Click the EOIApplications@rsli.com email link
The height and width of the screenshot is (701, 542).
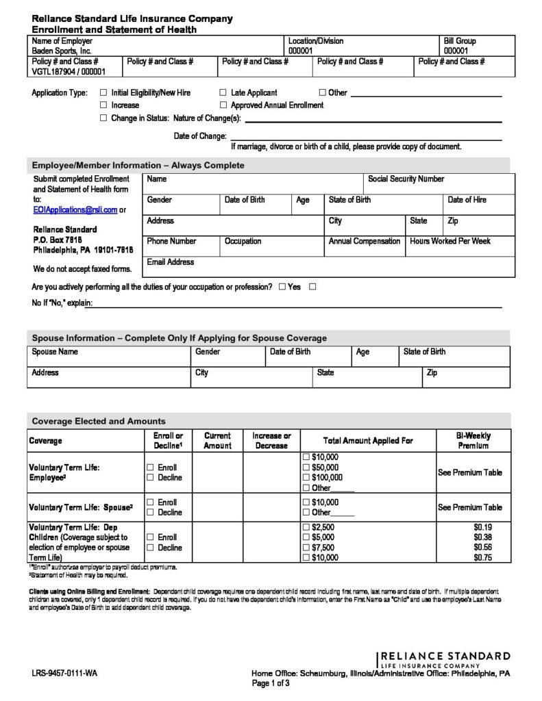[x=75, y=210]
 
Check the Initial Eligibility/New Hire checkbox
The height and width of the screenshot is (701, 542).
[x=103, y=92]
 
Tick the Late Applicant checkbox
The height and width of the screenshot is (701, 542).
[x=223, y=92]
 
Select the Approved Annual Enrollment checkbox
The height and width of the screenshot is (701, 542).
[x=223, y=105]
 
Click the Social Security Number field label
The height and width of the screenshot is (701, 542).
[x=406, y=179]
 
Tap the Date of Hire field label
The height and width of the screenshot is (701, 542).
[x=467, y=200]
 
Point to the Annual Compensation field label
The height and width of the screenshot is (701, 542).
[x=364, y=242]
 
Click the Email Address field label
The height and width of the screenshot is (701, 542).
[x=171, y=262]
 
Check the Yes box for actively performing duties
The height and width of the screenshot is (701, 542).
[x=282, y=288]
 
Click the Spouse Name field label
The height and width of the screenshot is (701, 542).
[x=55, y=352]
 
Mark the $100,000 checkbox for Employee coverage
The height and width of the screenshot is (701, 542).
[x=306, y=478]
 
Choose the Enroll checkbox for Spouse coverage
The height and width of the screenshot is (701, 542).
[x=149, y=502]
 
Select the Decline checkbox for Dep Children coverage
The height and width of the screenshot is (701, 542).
[x=149, y=548]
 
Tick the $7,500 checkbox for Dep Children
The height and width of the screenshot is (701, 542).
[x=306, y=548]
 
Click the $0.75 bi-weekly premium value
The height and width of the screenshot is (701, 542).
[x=483, y=558]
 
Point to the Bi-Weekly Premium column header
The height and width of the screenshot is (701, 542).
[x=473, y=440]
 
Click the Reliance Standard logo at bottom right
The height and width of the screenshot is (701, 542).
[x=444, y=660]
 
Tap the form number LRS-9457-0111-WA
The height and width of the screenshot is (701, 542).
[x=64, y=674]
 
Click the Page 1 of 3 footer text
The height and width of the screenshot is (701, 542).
[x=271, y=683]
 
